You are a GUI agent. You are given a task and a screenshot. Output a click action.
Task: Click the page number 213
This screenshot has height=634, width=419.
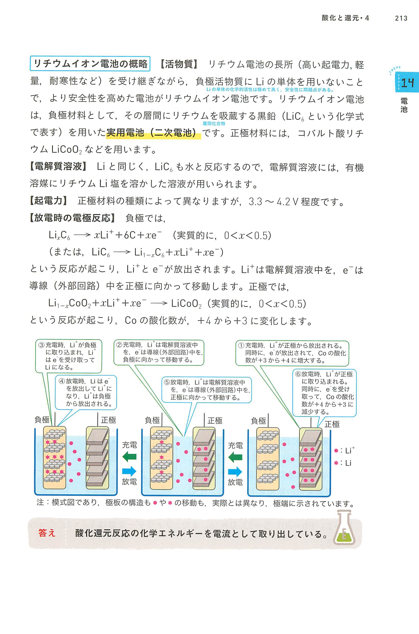point(401,18)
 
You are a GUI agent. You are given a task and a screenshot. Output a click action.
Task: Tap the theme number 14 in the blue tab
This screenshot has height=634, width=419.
point(407,83)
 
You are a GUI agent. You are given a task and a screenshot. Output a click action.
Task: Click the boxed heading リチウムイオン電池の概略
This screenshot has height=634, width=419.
point(90,64)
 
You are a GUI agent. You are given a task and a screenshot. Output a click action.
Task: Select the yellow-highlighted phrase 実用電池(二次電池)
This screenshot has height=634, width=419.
point(153,132)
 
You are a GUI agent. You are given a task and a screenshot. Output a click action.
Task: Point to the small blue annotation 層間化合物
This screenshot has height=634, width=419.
point(214,124)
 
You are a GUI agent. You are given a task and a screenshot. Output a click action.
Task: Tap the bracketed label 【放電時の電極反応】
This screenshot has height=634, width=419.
point(72,218)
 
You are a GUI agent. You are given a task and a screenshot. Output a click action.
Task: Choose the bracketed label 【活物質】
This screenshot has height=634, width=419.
point(179,64)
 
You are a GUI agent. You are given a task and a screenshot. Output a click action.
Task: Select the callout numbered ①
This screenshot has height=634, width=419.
point(292,353)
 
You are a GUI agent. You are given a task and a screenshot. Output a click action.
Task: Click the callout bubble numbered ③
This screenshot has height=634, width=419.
point(69,356)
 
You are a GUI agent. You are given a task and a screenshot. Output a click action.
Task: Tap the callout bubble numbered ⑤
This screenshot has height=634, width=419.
point(207,390)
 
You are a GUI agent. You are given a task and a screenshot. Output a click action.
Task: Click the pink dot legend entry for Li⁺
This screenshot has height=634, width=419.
point(344,450)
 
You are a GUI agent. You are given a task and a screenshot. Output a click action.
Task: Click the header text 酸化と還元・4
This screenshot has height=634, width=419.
point(345,18)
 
